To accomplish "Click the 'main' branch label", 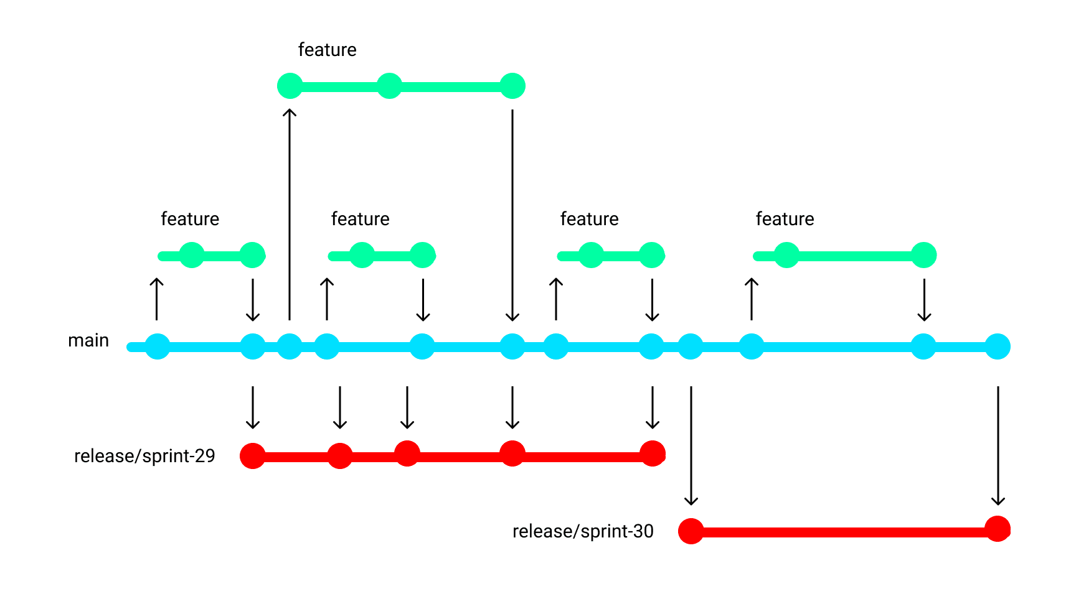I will pyautogui.click(x=88, y=340).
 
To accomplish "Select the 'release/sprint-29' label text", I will pyautogui.click(x=144, y=456).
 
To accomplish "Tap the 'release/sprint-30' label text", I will pyautogui.click(x=583, y=531).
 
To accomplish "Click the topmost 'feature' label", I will pyautogui.click(x=327, y=50).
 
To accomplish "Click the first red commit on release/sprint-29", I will pyautogui.click(x=253, y=456).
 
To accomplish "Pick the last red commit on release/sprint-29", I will pyautogui.click(x=653, y=453).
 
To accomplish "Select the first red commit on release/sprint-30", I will pyautogui.click(x=691, y=531).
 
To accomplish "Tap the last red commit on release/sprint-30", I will pyautogui.click(x=998, y=529).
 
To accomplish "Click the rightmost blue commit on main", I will pyautogui.click(x=998, y=346).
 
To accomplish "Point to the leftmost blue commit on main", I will pyautogui.click(x=158, y=346).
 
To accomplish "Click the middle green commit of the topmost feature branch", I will pyautogui.click(x=389, y=86).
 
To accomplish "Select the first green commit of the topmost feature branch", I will pyautogui.click(x=290, y=86).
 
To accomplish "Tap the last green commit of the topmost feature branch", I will pyautogui.click(x=512, y=86).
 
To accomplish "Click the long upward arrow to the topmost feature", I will pyautogui.click(x=290, y=215).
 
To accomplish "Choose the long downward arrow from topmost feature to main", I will pyautogui.click(x=512, y=215).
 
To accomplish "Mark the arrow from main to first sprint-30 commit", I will pyautogui.click(x=691, y=445).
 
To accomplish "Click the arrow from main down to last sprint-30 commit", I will pyautogui.click(x=998, y=445).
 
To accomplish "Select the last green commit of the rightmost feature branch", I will pyautogui.click(x=924, y=255).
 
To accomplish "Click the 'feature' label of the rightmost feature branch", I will pyautogui.click(x=785, y=219).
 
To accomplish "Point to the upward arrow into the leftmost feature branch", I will pyautogui.click(x=157, y=299).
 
